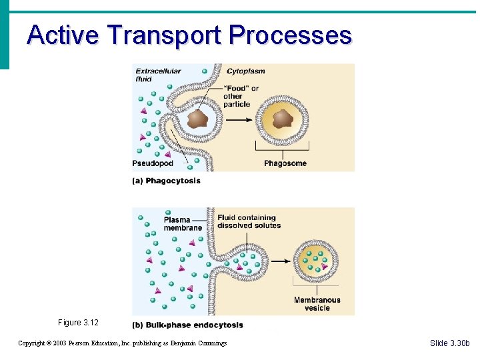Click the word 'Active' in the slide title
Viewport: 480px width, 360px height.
63,35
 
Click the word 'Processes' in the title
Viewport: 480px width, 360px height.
289,35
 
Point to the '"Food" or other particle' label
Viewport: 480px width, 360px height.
241,96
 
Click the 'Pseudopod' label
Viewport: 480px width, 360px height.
153,163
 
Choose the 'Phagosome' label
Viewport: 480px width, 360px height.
285,163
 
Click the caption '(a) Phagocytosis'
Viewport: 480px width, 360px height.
167,181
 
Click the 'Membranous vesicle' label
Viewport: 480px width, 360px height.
317,304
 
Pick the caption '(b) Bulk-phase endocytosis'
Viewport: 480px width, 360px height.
188,325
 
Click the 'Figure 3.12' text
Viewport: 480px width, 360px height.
78,323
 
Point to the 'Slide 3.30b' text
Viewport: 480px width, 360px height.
450,343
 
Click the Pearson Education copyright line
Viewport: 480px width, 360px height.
122,343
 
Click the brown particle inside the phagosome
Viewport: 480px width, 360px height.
283,119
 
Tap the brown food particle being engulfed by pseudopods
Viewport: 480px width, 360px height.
197,119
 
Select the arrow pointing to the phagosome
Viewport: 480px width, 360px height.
239,120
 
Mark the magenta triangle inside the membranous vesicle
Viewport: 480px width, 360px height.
325,267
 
